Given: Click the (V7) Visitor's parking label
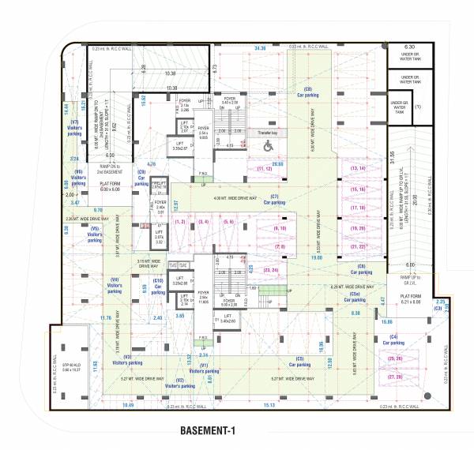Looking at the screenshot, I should pos(75,128).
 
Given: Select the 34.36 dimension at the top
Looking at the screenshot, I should pos(260,49).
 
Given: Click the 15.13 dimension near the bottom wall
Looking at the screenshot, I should pos(269,405).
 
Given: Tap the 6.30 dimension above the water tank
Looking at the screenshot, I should pos(409,47).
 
